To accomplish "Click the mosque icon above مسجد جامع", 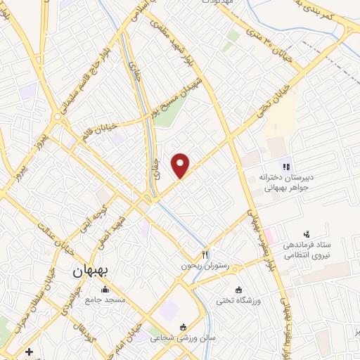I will (x=105, y=289).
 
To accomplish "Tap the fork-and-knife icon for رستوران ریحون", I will (x=205, y=254).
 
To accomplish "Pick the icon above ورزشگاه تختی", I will (x=239, y=289).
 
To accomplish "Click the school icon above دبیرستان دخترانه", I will (x=285, y=167).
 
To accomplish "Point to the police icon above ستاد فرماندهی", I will (x=306, y=233).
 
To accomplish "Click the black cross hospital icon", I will (x=28, y=351).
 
